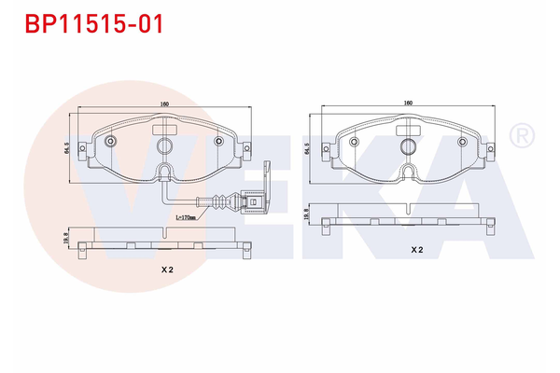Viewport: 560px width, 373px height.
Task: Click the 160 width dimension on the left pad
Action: click(165, 104)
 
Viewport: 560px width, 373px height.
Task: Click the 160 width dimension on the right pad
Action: click(408, 103)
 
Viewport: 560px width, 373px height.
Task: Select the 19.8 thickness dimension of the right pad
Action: click(307, 213)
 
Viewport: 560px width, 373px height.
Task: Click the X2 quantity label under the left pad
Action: click(165, 269)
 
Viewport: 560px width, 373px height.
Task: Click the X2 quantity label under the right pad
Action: click(416, 250)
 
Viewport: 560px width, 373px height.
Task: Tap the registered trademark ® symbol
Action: click(520, 137)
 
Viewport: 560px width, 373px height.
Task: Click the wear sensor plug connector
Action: click(250, 200)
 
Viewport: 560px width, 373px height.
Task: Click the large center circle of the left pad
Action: click(165, 146)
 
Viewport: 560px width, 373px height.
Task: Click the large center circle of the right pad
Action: click(408, 146)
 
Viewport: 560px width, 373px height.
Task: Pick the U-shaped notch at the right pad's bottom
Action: click(408, 172)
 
